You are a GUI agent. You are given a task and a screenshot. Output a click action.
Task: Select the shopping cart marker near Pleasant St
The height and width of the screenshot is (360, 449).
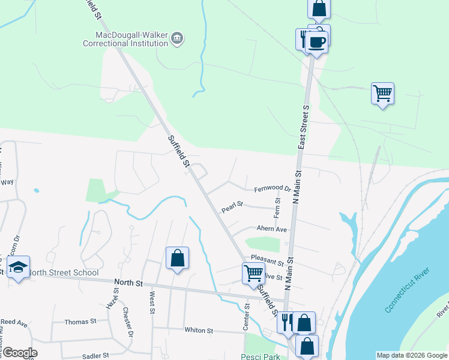[x=253, y=273]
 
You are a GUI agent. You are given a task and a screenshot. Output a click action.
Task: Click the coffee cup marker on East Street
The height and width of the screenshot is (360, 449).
[x=316, y=42]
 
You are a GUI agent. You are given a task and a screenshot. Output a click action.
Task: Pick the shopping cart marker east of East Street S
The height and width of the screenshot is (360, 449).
[x=382, y=93]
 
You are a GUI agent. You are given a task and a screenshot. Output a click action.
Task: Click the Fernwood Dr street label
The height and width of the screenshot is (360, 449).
[x=272, y=189]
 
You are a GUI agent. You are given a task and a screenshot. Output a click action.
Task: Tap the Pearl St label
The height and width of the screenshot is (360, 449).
[x=232, y=207]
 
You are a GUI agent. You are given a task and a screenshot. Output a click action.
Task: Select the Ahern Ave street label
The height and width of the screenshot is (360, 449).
[x=272, y=229]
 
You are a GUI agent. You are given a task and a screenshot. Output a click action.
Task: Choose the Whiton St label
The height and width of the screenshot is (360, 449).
[x=199, y=331]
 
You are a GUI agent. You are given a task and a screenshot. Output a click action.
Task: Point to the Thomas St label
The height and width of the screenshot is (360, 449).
[x=80, y=322]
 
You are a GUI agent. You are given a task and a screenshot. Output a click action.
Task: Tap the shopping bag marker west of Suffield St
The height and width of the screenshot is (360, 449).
[x=177, y=258]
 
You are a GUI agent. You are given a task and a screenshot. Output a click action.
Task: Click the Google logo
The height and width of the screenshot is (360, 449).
[x=19, y=353]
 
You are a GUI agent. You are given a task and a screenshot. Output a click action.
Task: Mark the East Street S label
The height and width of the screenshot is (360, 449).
[x=304, y=127]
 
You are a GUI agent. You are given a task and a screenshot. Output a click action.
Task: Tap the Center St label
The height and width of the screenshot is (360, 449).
[x=246, y=316]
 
